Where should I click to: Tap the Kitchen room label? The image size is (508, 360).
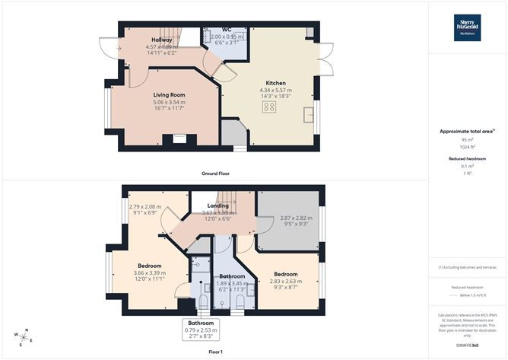(275, 83)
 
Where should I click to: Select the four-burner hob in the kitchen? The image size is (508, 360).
(269, 107)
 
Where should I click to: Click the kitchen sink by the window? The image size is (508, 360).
(309, 114)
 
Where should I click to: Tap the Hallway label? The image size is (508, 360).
(161, 40)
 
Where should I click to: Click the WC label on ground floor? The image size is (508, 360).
(226, 29)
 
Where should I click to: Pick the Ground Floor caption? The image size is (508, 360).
(215, 174)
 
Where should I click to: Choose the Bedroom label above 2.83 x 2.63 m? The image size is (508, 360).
(285, 273)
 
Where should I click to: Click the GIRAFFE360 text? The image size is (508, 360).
(468, 346)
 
